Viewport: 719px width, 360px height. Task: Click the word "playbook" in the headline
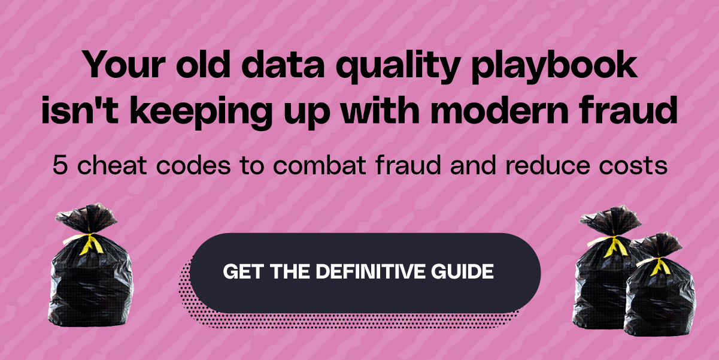554,66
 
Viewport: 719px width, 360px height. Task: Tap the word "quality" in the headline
399,66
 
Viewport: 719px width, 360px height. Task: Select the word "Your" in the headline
124,64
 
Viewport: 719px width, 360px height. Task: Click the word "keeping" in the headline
201,113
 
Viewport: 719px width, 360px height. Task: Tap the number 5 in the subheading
60,165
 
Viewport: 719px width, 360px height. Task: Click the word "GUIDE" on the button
462,272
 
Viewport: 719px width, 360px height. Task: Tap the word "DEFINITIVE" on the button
371,272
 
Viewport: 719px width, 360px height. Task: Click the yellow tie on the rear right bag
613,246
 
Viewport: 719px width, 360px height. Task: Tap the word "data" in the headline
283,64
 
